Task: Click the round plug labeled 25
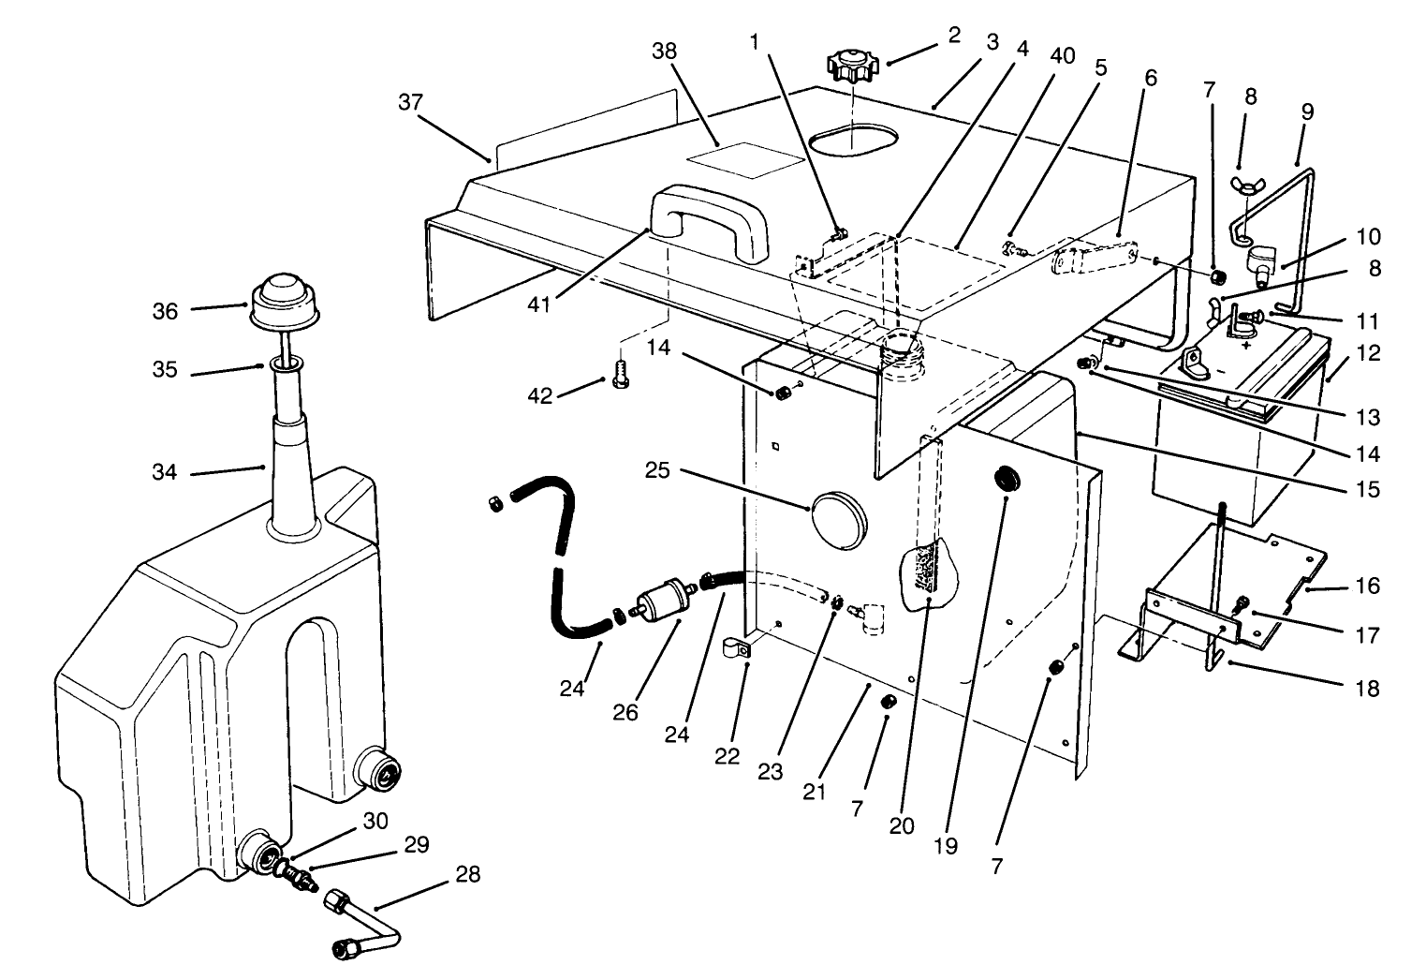[836, 512]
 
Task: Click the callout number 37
[410, 102]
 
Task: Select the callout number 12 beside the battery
[1367, 355]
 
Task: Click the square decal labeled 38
[745, 159]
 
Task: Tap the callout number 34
[165, 473]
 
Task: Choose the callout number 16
[1367, 586]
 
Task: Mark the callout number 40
[1063, 55]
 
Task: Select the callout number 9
[1307, 111]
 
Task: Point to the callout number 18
[1367, 689]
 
